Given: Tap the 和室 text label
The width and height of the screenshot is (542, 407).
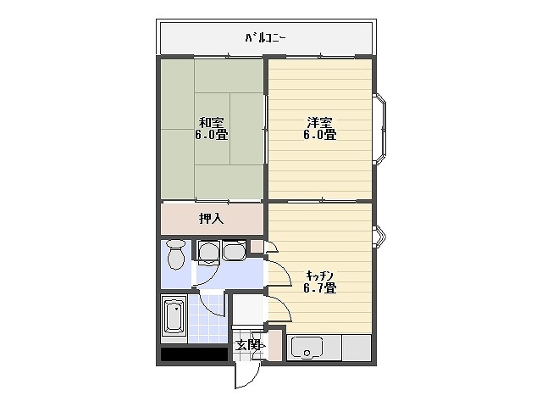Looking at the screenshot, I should (x=213, y=121).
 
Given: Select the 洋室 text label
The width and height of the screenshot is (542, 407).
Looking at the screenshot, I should (x=320, y=121).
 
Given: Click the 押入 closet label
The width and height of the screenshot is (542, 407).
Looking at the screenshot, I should (x=211, y=219).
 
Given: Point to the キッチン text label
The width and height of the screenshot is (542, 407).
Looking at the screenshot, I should (x=319, y=275).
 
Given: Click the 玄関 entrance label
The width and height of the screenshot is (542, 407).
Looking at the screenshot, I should (x=247, y=345).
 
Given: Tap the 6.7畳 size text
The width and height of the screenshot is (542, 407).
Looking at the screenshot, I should (x=320, y=287).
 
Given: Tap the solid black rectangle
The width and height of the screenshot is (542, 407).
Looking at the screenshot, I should (x=194, y=354).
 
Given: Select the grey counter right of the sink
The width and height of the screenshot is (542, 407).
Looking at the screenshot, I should (x=357, y=348).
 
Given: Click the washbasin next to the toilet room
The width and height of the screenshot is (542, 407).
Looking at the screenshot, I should (x=209, y=250).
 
